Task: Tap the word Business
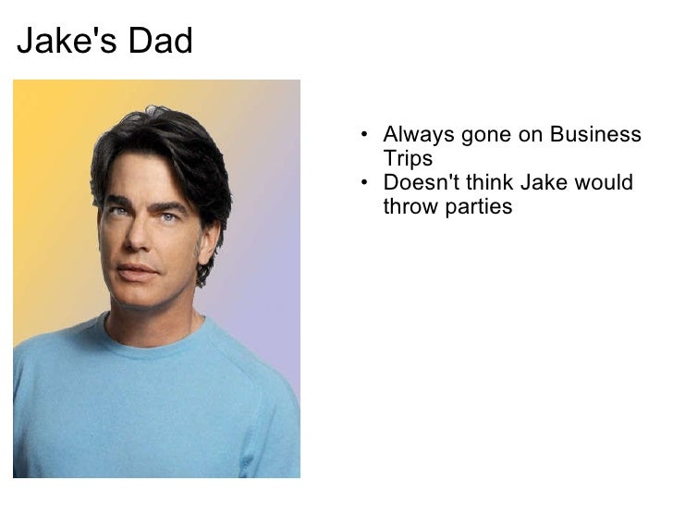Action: [x=595, y=135]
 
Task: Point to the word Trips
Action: [x=408, y=158]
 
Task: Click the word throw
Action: [x=408, y=206]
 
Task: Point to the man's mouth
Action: [x=137, y=271]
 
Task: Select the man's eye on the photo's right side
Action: [x=169, y=217]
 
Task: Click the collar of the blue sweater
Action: [x=153, y=346]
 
